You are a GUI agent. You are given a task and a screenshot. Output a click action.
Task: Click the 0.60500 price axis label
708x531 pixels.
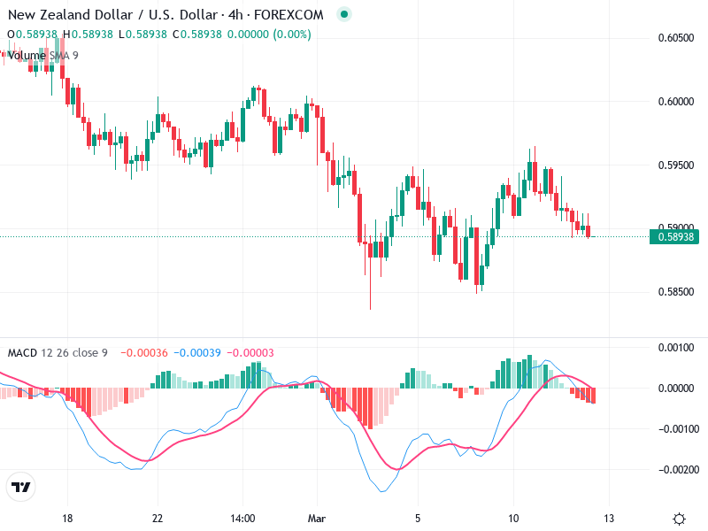[676, 38]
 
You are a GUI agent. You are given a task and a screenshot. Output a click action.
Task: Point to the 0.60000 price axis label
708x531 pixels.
[676, 102]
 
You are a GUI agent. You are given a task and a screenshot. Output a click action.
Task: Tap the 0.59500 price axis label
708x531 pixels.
[676, 165]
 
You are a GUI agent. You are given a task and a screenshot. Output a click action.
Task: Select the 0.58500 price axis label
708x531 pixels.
[676, 292]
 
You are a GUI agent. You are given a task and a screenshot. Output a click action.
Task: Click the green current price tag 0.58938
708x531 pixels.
[675, 236]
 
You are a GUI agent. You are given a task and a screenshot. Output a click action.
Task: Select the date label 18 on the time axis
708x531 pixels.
[66, 518]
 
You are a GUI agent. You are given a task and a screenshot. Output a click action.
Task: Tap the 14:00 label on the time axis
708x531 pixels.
[242, 518]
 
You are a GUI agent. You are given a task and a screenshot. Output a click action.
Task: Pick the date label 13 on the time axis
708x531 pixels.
[609, 518]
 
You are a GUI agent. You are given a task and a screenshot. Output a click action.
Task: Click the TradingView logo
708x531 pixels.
[20, 487]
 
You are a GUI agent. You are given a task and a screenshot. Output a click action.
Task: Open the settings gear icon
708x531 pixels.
[679, 519]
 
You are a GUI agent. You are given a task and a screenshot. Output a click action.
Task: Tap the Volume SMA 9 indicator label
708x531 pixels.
[42, 55]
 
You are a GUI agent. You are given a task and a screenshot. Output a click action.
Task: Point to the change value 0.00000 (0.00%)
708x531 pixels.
[268, 35]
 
